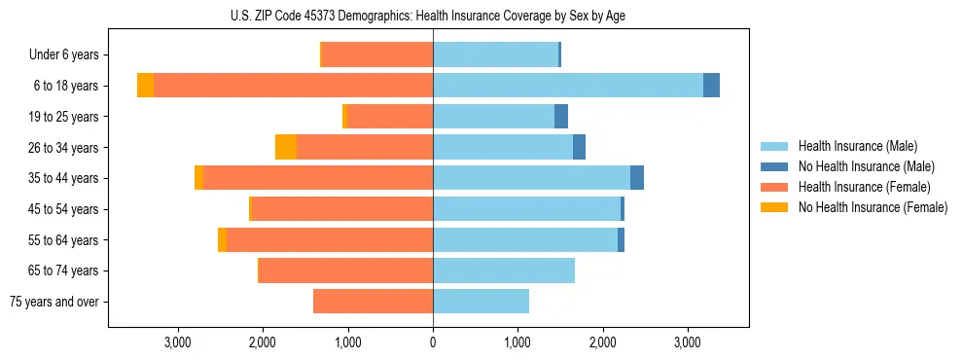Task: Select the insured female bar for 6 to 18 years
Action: [293, 86]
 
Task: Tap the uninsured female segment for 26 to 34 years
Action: [286, 147]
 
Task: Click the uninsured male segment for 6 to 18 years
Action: [711, 86]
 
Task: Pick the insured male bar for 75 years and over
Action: [481, 302]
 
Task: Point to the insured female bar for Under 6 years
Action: [377, 54]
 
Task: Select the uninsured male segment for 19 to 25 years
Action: [561, 117]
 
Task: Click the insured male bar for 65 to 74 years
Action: [504, 270]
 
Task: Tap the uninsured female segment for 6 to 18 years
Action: [145, 86]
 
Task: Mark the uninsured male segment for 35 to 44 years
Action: [637, 178]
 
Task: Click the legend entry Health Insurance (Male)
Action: [857, 146]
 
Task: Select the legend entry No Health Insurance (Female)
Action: [873, 207]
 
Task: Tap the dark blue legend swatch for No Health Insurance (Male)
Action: [774, 166]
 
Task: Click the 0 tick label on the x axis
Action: [433, 342]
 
